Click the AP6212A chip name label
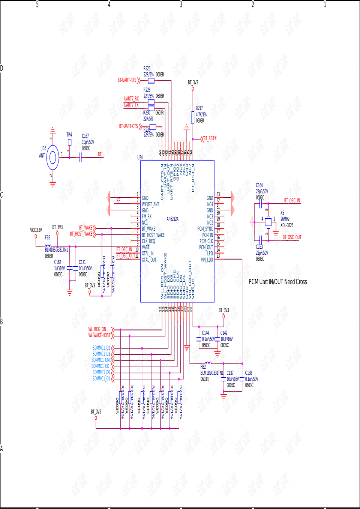point(172,219)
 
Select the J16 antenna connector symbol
point(52,158)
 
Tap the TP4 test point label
point(69,135)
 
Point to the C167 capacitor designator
point(85,136)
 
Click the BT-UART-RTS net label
point(127,80)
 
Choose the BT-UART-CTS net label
point(128,126)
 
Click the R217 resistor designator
point(199,108)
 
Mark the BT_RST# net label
point(210,138)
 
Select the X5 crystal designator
point(282,213)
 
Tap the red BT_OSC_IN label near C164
point(292,201)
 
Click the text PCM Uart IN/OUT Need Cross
point(277,282)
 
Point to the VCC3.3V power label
point(36,230)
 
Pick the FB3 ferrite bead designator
point(48,237)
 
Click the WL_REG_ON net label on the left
point(97,329)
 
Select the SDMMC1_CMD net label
point(101,360)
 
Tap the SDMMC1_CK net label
point(100,366)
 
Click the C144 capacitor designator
point(205,333)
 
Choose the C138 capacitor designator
point(249,373)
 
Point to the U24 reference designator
point(140,158)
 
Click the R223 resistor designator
point(147,68)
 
